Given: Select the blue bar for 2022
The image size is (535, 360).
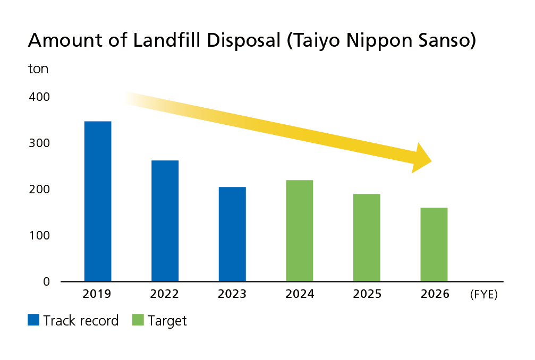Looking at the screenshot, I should (165, 220).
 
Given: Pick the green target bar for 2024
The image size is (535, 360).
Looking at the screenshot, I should (299, 230).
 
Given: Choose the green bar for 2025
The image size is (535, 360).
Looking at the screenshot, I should (367, 237).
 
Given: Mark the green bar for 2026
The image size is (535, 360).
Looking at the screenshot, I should (434, 244).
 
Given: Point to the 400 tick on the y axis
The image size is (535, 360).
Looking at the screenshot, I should (39, 97).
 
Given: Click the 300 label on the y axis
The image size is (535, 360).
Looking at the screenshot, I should (39, 143).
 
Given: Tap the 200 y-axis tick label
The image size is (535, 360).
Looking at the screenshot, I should (39, 190).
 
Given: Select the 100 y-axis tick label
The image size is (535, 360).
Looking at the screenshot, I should (39, 235).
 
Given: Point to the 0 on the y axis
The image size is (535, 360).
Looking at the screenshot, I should (46, 281).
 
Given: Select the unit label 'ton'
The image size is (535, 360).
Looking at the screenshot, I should (38, 69).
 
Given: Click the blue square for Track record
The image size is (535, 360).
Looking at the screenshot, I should (33, 320).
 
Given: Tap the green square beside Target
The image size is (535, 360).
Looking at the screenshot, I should (138, 320).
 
